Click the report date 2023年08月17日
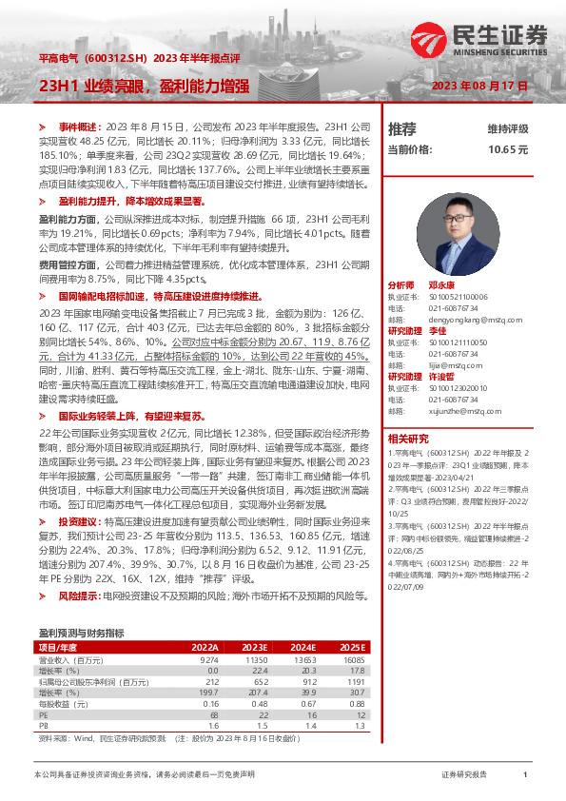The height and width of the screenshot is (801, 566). click(x=479, y=86)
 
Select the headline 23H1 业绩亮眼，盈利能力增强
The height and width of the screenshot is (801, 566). click(x=144, y=87)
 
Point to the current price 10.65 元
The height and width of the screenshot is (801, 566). click(x=507, y=149)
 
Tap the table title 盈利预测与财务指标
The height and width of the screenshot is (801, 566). click(x=81, y=632)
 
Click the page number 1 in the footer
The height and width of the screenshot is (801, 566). click(x=525, y=775)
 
